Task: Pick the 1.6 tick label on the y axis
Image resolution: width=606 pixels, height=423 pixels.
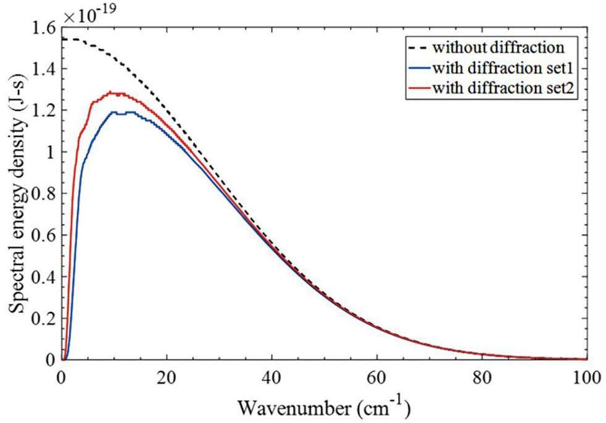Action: click(x=44, y=28)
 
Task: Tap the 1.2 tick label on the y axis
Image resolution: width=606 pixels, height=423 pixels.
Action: click(x=44, y=111)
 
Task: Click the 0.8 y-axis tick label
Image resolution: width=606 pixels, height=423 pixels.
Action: click(x=44, y=194)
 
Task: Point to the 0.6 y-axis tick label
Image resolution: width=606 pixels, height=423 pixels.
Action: click(x=44, y=235)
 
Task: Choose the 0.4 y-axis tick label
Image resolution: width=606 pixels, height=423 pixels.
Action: click(x=44, y=276)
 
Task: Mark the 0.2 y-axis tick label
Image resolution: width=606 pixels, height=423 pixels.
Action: click(x=44, y=318)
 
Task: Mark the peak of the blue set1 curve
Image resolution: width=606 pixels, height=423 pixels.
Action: click(x=114, y=112)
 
